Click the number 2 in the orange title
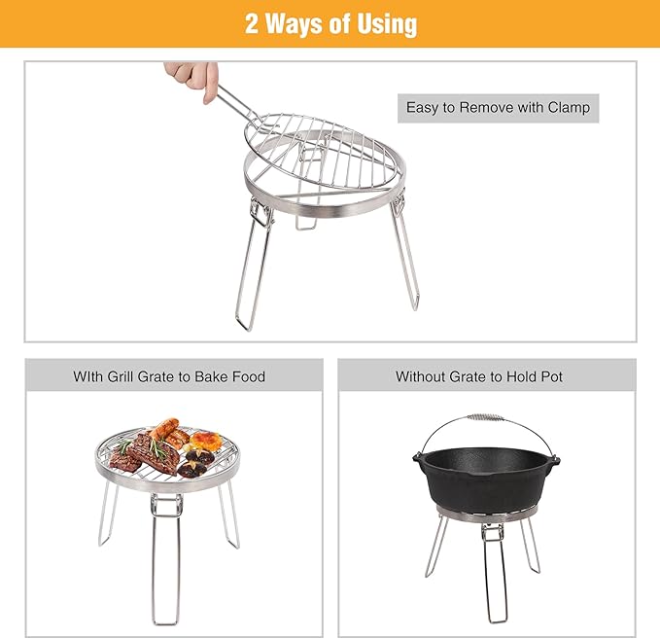(253, 23)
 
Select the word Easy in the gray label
(423, 107)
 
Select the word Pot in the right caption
(549, 376)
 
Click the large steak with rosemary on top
(146, 452)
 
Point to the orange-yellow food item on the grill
(204, 441)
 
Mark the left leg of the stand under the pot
(434, 545)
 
